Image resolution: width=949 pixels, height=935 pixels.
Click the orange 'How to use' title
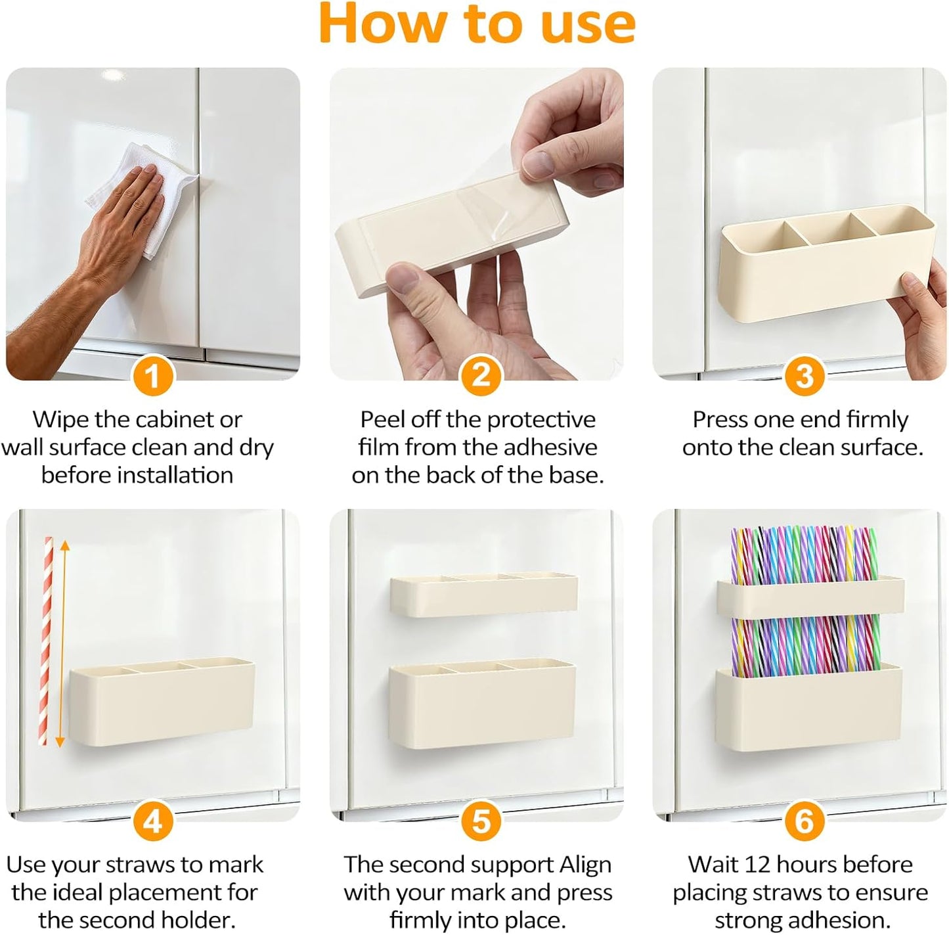(477, 24)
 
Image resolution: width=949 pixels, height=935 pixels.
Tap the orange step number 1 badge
(152, 376)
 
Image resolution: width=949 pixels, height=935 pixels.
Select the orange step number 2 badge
(481, 376)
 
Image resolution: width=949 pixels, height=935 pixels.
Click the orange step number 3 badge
(804, 376)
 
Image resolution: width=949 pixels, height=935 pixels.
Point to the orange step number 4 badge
(152, 821)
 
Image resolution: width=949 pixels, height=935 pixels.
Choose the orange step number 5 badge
(481, 821)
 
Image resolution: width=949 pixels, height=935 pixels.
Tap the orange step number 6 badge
(804, 821)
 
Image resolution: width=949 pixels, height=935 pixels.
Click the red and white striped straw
(46, 641)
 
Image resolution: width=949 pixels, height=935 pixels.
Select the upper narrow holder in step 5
(483, 595)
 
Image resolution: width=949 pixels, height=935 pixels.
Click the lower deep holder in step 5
(482, 706)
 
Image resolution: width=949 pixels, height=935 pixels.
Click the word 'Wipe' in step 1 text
(61, 419)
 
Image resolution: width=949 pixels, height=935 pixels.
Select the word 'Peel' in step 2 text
(382, 419)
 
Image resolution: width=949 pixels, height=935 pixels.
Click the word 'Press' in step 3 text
(720, 419)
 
